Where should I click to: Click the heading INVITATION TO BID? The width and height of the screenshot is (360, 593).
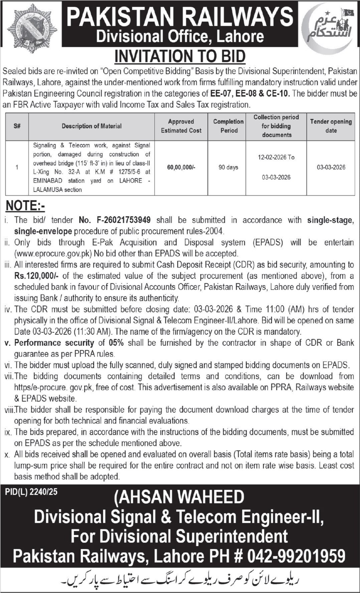pos(180,56)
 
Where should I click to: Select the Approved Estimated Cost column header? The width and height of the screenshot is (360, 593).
pos(181,126)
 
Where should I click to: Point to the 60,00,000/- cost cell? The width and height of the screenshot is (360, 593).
pos(181,167)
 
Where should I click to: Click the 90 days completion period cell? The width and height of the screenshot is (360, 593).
pos(228,167)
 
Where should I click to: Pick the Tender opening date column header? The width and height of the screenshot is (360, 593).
pos(331,126)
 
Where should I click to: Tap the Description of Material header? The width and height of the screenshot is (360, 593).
pos(92,126)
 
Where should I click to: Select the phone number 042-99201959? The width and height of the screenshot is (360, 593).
pos(296,556)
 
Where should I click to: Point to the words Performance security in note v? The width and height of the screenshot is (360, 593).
pos(54,343)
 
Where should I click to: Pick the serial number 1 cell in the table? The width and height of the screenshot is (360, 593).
pos(17,167)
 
